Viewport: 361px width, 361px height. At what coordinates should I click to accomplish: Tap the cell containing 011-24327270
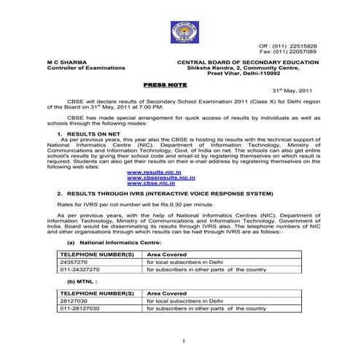click(x=79, y=268)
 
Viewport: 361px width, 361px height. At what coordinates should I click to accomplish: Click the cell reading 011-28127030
click(x=79, y=308)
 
